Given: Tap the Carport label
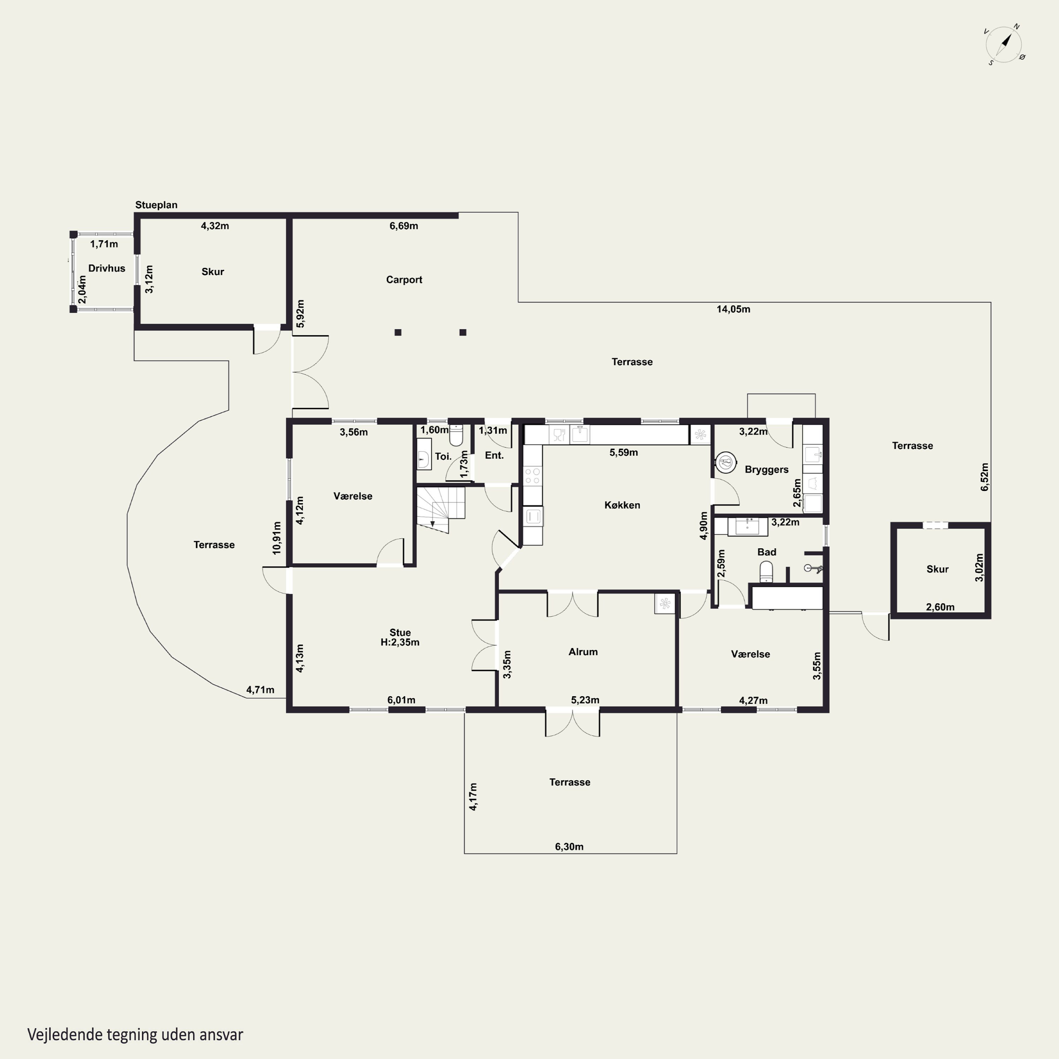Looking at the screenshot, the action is (x=404, y=280).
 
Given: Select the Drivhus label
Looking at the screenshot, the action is (x=107, y=268).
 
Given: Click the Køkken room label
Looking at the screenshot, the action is (x=622, y=505).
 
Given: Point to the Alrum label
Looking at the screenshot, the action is (x=583, y=652).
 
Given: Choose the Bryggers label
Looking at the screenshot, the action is (x=766, y=470).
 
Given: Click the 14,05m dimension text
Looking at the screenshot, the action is (x=734, y=309).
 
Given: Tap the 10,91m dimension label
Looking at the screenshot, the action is (x=277, y=538).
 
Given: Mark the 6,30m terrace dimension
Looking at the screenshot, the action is (x=569, y=846).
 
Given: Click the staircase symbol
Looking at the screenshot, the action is (x=441, y=509).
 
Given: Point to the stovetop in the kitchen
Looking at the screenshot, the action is (x=532, y=476).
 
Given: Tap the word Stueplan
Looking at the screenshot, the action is (x=156, y=205).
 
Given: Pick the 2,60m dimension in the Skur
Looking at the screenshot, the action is (x=940, y=607).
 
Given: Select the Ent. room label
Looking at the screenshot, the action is (x=494, y=455).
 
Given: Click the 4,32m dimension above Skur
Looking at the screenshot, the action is (x=215, y=226).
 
